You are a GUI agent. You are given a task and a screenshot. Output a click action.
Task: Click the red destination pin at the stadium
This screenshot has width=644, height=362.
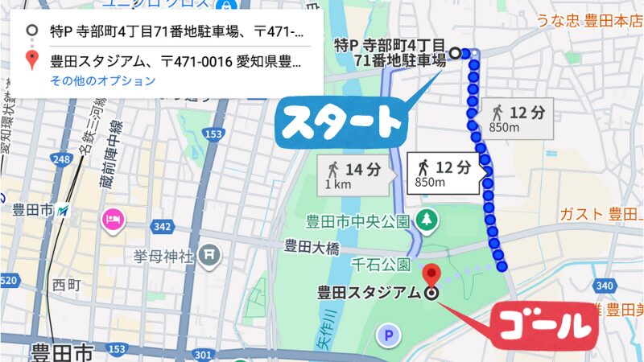431,273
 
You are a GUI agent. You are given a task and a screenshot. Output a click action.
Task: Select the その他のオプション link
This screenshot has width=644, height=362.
102,80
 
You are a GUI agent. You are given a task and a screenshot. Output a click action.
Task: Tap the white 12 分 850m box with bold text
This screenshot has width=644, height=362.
444,174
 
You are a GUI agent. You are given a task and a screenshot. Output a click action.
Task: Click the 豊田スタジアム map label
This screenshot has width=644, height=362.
369,293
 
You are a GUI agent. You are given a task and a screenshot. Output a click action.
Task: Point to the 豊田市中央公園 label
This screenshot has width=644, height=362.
358,220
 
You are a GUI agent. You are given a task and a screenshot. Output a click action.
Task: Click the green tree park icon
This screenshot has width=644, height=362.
426,218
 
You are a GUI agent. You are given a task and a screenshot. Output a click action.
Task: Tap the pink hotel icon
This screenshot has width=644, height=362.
110,219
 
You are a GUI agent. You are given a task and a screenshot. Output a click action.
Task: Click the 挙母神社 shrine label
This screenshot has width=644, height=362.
164,257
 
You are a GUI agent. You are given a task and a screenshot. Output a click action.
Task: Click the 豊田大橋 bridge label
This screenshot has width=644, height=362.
309,246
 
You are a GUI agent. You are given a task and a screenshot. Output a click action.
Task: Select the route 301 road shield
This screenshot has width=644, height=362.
202,356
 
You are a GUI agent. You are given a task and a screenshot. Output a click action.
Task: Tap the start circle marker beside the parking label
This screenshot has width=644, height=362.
455,53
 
